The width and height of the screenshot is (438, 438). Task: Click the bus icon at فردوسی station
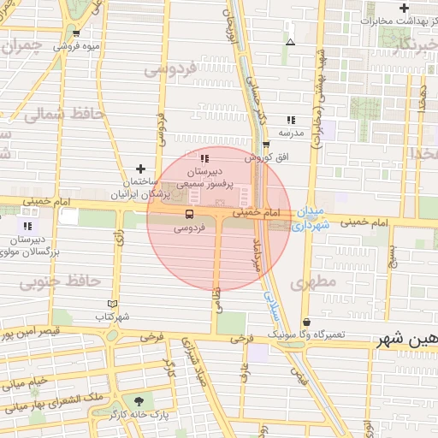point(189,214)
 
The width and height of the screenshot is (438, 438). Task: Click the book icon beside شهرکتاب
point(112,304)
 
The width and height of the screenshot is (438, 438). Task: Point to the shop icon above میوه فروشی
point(77,33)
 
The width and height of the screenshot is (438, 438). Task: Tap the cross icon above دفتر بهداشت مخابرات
point(403,8)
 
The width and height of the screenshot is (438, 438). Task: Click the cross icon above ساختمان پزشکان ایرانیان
point(141,169)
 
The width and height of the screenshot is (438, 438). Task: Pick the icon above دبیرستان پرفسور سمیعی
point(204,158)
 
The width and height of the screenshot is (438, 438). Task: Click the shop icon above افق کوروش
point(266,145)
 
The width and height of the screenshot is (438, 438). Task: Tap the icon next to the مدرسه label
point(291,121)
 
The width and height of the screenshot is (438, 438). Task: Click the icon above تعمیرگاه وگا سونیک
point(306,322)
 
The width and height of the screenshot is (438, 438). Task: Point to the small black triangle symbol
point(290,41)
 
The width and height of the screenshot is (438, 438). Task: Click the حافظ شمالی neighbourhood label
point(64,113)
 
